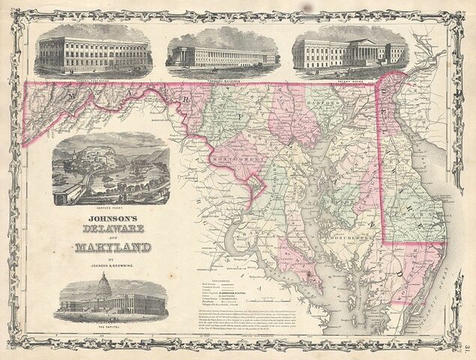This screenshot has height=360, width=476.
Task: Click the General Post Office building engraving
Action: [93, 52]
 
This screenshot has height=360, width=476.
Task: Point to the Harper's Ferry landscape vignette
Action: [110, 169]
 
